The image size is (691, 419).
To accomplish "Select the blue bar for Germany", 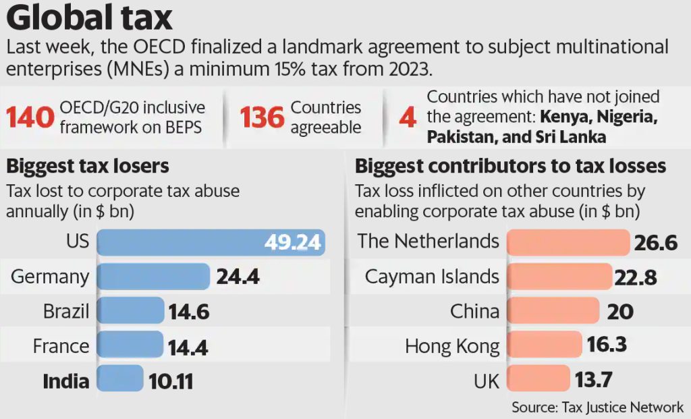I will point(153,277).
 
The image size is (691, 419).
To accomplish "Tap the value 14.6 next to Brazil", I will point(189,312).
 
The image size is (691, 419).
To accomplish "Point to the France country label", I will point(61,347).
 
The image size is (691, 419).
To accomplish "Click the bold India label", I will point(65,381).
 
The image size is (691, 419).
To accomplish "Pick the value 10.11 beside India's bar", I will point(171,381).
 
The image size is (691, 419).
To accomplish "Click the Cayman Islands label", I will point(432,277).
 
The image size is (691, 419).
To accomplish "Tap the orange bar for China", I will point(552,311).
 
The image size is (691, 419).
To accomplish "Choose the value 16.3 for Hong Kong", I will point(607,345).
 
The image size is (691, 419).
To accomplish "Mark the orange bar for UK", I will point(538,380).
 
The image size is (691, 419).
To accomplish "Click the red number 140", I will point(30,117).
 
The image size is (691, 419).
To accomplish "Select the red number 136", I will point(262,117).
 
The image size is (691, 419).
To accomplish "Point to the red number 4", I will point(407,117).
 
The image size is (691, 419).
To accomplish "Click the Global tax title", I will point(91,18).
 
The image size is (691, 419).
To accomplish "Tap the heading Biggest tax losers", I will point(88,166).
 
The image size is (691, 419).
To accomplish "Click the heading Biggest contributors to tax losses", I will point(510,166).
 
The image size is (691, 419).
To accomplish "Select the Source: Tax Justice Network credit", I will point(597,407).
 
